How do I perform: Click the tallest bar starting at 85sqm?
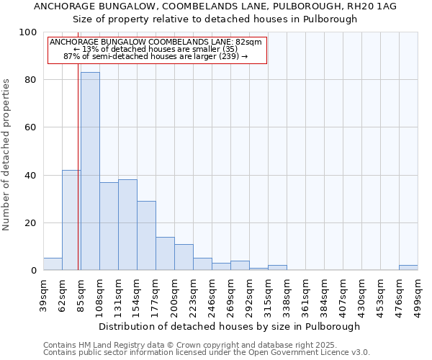click(90, 171)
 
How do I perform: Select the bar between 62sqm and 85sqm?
click(71, 220)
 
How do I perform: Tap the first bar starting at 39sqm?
click(53, 264)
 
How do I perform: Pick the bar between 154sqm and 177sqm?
click(146, 235)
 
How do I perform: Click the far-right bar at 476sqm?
click(408, 268)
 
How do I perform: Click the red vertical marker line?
click(78, 180)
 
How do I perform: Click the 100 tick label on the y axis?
click(28, 32)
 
